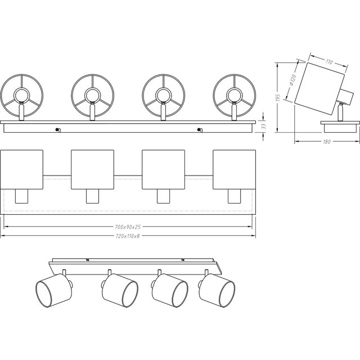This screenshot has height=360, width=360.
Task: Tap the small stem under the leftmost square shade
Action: (x=21, y=196)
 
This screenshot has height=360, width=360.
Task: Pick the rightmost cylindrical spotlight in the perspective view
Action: (x=217, y=287)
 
